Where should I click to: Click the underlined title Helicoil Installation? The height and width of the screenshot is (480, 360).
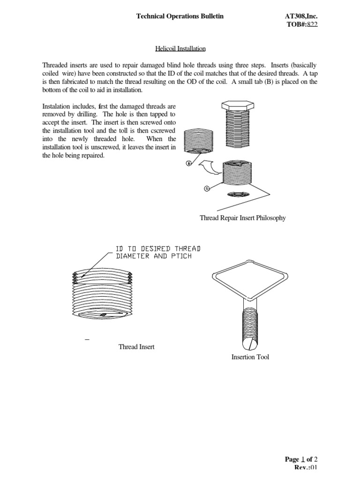[180, 48]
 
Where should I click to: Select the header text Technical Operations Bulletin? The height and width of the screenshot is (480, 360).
[180, 16]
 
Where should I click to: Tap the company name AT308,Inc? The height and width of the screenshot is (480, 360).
[305, 16]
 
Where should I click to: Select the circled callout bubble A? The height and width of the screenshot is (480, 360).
[206, 188]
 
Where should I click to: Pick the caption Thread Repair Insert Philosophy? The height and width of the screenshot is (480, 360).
[242, 218]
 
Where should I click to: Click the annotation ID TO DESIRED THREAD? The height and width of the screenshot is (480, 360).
[158, 248]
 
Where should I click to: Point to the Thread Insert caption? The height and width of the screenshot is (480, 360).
[136, 347]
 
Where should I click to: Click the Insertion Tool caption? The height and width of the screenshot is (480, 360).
[250, 357]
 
